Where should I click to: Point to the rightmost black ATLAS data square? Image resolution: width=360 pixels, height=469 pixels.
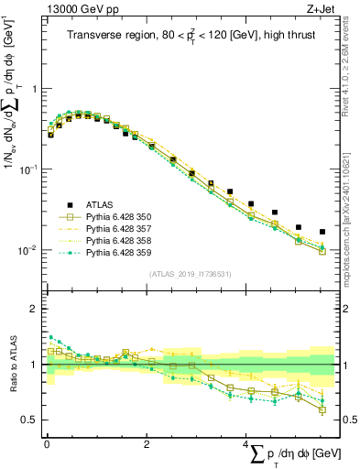click(322, 232)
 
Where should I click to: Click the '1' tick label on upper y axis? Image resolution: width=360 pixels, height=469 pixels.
click(34, 89)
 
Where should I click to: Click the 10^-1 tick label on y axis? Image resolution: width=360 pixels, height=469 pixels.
click(29, 169)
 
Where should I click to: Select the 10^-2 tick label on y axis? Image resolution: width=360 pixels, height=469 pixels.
click(29, 250)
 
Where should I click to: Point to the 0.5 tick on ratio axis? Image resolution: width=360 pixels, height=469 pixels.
click(30, 420)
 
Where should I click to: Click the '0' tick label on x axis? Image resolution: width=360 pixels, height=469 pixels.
click(47, 444)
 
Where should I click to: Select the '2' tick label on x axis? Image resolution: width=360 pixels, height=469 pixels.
click(147, 444)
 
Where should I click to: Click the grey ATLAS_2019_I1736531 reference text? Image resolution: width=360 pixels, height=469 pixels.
click(189, 274)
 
